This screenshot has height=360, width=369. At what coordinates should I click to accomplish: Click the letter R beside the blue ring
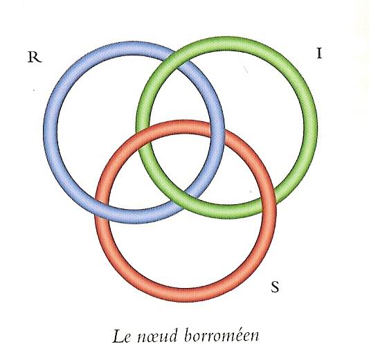[35, 57]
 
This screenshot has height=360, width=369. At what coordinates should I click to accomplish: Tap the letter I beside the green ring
[319, 53]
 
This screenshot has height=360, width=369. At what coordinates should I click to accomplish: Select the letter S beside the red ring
[275, 287]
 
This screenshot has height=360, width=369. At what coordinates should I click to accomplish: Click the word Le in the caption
[121, 336]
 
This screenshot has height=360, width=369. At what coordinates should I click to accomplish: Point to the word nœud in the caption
[156, 336]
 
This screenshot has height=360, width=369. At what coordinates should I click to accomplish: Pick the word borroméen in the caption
[222, 336]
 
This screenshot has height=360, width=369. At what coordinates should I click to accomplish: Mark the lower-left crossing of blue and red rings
[102, 208]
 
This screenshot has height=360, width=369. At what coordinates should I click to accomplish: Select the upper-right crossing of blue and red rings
[217, 132]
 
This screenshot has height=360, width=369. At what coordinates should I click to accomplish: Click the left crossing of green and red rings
[143, 139]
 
